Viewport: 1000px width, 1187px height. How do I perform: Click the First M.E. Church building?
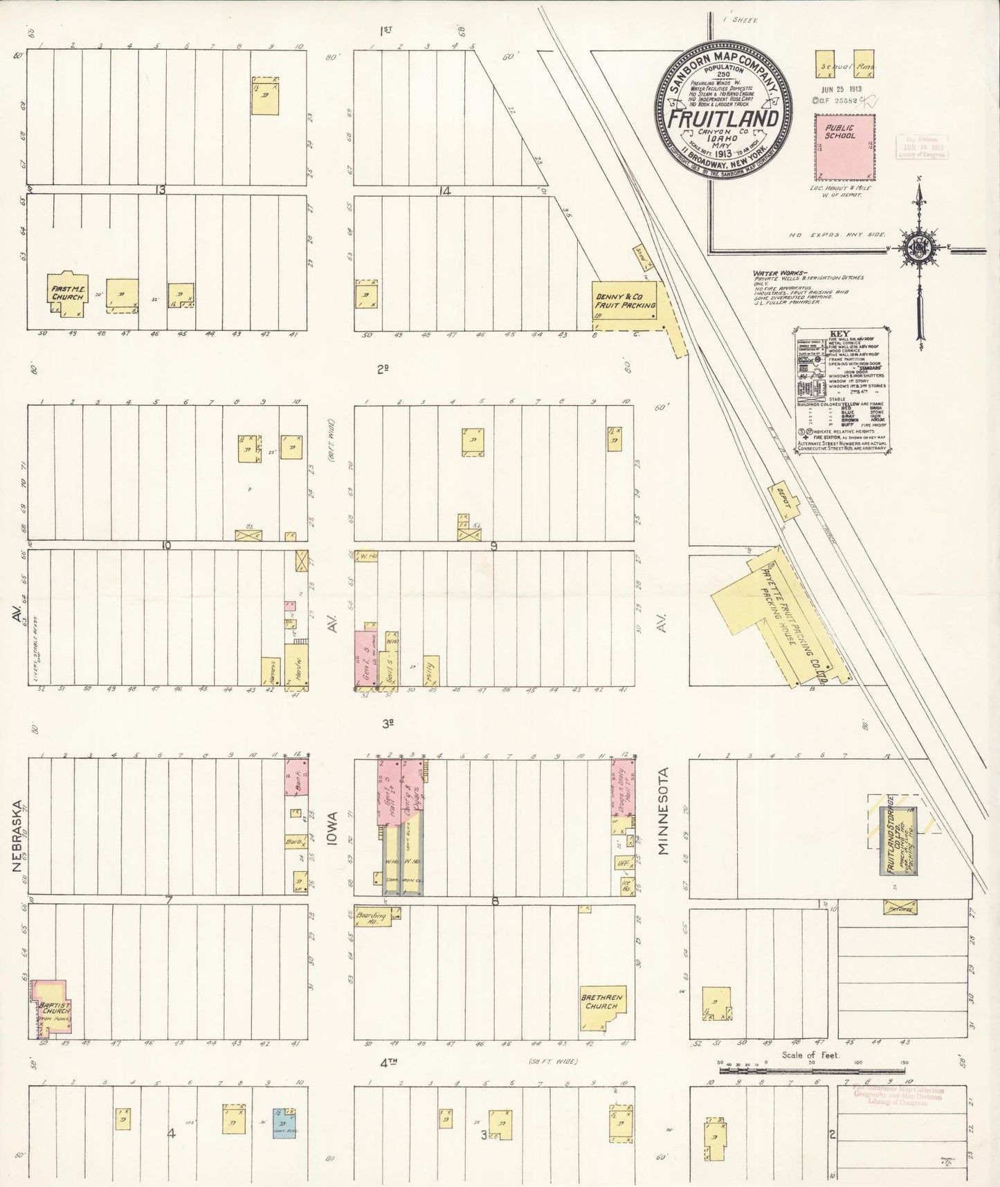click(67, 293)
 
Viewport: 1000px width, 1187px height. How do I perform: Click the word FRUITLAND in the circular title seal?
click(723, 118)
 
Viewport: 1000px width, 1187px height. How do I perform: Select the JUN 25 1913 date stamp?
click(839, 89)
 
